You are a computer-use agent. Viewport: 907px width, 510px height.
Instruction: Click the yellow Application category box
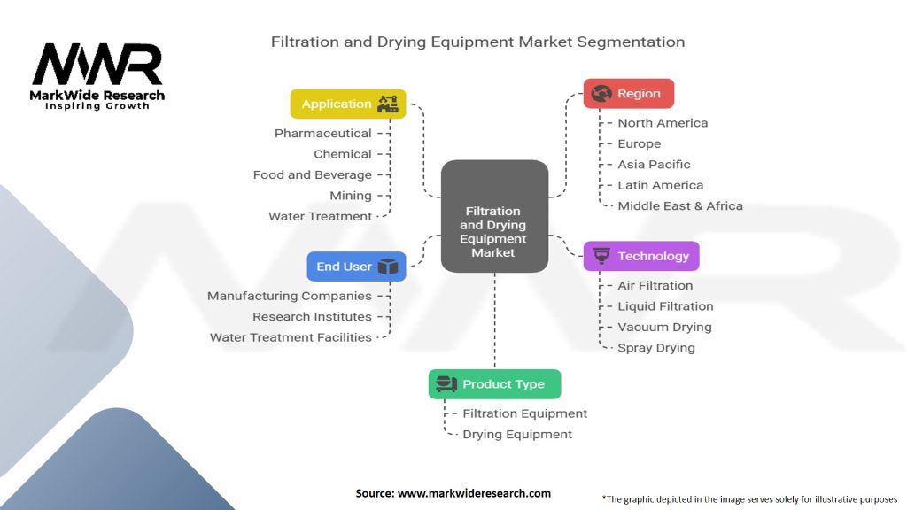point(348,104)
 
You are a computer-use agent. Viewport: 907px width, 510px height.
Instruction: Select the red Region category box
point(628,94)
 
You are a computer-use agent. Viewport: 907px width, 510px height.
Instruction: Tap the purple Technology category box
point(641,256)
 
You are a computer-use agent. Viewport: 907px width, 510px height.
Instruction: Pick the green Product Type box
point(494,384)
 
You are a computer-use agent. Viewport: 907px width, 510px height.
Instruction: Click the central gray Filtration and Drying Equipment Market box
point(493,215)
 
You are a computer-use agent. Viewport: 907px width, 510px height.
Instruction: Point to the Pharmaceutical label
point(322,134)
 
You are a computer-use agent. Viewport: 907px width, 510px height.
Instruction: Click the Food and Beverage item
point(312,175)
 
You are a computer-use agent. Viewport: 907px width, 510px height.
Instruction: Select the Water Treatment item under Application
point(320,216)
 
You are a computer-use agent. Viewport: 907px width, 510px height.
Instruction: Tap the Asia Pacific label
point(654,165)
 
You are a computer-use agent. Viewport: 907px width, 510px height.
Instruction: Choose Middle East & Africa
point(679,206)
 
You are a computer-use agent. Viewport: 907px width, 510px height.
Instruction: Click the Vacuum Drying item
point(664,327)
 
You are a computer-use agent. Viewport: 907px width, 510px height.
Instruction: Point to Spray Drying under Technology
point(655,348)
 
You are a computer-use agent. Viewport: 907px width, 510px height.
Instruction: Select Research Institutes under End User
point(312,317)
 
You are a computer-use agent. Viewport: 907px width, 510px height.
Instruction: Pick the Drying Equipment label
point(517,435)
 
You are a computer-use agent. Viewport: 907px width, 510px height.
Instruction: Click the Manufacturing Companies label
point(289,296)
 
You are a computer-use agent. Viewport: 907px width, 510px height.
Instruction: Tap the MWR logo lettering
point(97,65)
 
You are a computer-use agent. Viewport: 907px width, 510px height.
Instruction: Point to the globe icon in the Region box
point(602,93)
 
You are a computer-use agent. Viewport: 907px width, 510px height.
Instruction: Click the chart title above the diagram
point(477,42)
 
